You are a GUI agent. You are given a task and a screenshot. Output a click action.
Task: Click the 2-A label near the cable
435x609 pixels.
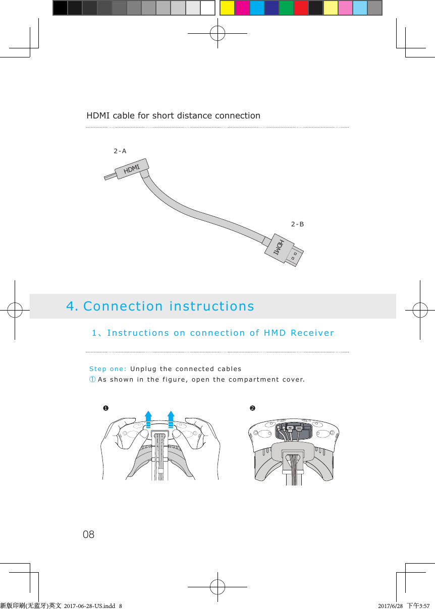[x=120, y=151]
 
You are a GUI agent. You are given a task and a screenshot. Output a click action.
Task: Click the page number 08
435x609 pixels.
[x=88, y=534]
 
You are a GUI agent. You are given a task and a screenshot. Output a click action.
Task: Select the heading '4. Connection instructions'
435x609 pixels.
[x=160, y=307]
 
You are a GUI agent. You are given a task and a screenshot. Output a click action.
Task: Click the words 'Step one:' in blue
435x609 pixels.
[x=107, y=369]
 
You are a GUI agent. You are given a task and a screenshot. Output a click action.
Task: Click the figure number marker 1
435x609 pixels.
[x=105, y=408]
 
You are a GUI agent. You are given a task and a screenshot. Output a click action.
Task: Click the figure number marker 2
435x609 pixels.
[x=252, y=408]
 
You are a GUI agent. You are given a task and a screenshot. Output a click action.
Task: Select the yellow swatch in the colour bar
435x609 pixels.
[x=228, y=8]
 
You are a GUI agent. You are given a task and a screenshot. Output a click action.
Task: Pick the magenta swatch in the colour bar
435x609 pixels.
[x=242, y=8]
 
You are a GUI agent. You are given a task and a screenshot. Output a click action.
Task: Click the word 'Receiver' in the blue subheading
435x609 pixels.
[x=312, y=333]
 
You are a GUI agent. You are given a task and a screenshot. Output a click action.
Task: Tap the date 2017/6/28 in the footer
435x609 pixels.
[x=390, y=605]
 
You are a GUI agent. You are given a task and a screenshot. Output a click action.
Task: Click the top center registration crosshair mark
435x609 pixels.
[x=217, y=33]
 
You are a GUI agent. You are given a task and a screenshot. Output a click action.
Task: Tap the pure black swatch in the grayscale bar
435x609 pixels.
[x=60, y=8]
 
